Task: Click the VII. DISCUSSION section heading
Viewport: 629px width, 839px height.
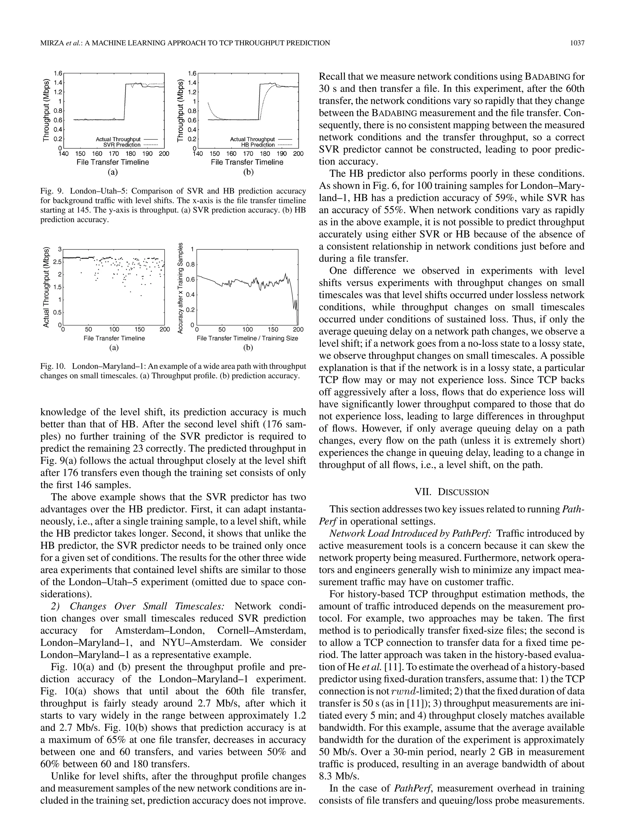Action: click(451, 492)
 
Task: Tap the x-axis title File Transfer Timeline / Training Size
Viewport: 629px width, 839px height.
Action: click(247, 338)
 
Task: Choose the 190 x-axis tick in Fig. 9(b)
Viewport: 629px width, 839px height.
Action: click(281, 154)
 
